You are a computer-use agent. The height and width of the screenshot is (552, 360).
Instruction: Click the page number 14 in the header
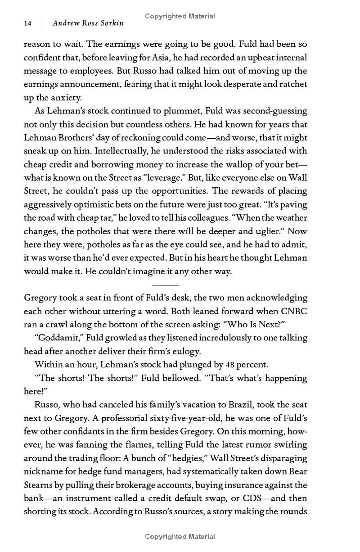27,23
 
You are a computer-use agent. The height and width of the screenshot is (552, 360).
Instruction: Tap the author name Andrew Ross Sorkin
88,23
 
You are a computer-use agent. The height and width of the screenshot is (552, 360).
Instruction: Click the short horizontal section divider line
165,285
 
